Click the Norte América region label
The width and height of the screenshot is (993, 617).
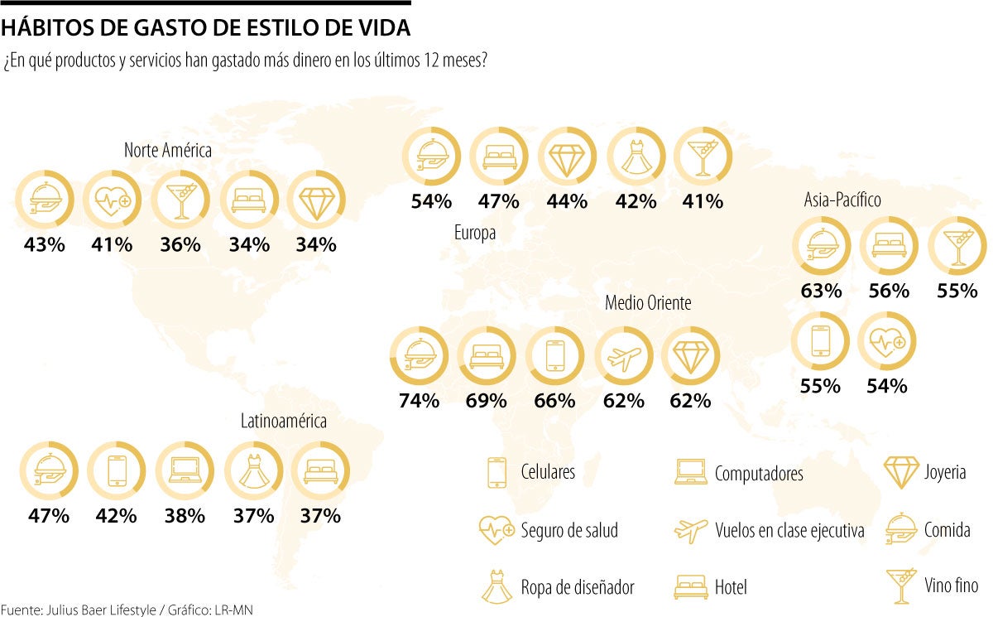(x=168, y=151)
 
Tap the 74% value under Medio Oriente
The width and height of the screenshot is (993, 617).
(x=419, y=401)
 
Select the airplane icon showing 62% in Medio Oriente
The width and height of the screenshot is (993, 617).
(x=622, y=356)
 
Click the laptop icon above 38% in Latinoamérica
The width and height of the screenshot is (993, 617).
(x=183, y=470)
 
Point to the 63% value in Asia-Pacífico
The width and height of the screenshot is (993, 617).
(x=821, y=291)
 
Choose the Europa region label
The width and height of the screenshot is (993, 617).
(x=475, y=234)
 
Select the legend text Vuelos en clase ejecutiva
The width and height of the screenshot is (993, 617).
(x=789, y=531)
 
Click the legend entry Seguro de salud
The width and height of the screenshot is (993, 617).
(x=569, y=530)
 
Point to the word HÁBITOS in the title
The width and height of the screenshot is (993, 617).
(x=41, y=28)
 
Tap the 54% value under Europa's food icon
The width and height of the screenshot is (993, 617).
(x=431, y=200)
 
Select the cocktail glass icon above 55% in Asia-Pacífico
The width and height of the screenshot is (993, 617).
(x=957, y=247)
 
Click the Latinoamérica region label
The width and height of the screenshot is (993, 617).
(x=284, y=421)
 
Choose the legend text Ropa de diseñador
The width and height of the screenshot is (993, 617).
(x=578, y=587)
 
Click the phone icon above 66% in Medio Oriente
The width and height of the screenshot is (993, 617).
(x=554, y=356)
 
